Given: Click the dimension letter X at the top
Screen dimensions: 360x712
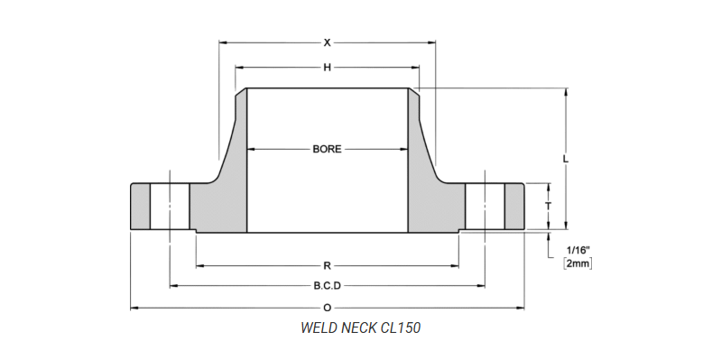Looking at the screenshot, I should coord(328,42).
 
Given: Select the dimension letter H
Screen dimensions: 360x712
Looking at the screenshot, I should coord(328,68).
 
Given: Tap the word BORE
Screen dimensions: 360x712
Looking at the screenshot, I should coord(327,149).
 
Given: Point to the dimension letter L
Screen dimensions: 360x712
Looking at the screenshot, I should coord(566,159).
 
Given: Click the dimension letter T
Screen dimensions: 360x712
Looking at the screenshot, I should coord(548,207).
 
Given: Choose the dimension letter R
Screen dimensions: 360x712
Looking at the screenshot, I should coord(327,265).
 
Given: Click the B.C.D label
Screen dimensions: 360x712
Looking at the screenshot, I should coord(327,286).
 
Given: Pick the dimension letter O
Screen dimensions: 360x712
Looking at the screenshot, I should coord(327,308).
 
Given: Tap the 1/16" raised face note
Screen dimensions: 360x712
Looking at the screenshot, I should coord(578,249).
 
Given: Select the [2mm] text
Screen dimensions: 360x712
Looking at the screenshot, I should coord(578,263).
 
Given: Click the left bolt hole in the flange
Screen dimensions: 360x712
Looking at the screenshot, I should coord(170,207).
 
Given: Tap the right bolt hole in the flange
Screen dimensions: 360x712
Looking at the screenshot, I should coord(485,207).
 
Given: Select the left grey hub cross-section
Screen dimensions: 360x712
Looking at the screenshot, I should coord(222,203).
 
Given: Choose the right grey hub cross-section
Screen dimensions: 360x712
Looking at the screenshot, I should coord(433,203).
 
